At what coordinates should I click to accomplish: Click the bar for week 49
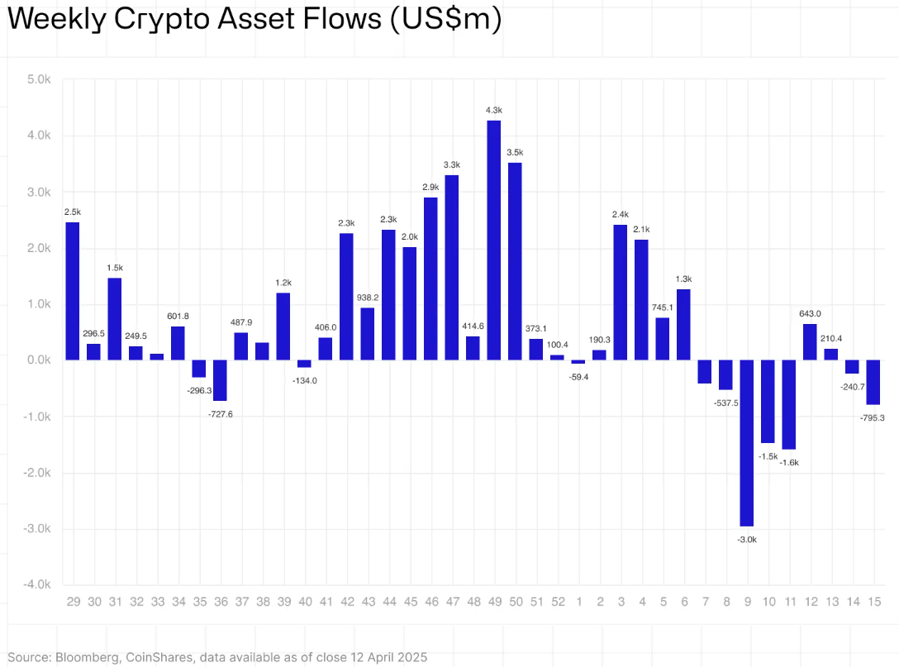click(494, 240)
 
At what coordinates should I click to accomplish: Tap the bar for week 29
click(73, 291)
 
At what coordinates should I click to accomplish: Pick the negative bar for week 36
click(220, 380)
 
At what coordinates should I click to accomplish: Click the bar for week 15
click(873, 382)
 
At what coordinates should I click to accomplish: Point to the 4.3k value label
click(494, 110)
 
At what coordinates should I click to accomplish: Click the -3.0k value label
click(747, 539)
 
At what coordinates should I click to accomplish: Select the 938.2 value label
click(368, 297)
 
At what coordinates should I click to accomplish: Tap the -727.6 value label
click(220, 413)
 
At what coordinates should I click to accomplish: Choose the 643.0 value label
click(810, 313)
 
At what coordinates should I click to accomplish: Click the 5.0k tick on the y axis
click(39, 79)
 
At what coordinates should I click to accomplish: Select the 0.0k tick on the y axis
click(39, 360)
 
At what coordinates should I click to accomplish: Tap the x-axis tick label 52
click(558, 602)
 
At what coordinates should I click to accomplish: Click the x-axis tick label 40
click(304, 602)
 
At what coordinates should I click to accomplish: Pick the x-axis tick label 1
click(578, 602)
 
